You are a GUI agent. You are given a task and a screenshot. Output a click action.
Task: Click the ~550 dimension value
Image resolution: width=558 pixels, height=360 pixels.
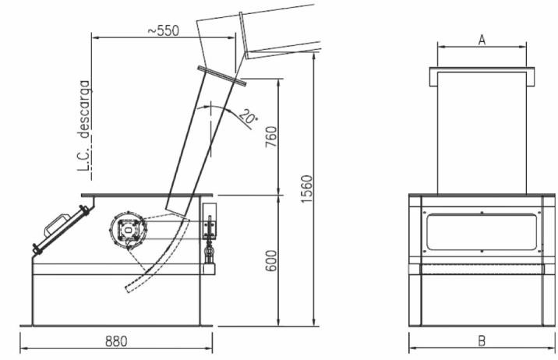point(164,30)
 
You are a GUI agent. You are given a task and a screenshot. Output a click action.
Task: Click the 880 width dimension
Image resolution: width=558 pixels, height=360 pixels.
point(116,341)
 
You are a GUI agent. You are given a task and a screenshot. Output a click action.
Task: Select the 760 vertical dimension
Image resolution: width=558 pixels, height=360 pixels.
point(271,137)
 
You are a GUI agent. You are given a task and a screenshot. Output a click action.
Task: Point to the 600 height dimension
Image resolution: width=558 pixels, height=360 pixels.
point(271,261)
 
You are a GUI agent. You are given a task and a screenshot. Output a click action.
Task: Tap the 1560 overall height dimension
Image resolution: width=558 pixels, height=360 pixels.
point(306,189)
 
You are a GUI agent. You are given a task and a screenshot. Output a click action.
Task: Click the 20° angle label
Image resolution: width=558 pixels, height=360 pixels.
point(249,117)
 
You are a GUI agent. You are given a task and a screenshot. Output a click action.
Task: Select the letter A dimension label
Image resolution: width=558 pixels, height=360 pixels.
point(482,40)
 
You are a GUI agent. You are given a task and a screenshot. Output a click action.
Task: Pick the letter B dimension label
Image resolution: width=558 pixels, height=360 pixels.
point(482,341)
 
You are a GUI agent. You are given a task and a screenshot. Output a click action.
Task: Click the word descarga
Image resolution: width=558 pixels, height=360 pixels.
point(85,109)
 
